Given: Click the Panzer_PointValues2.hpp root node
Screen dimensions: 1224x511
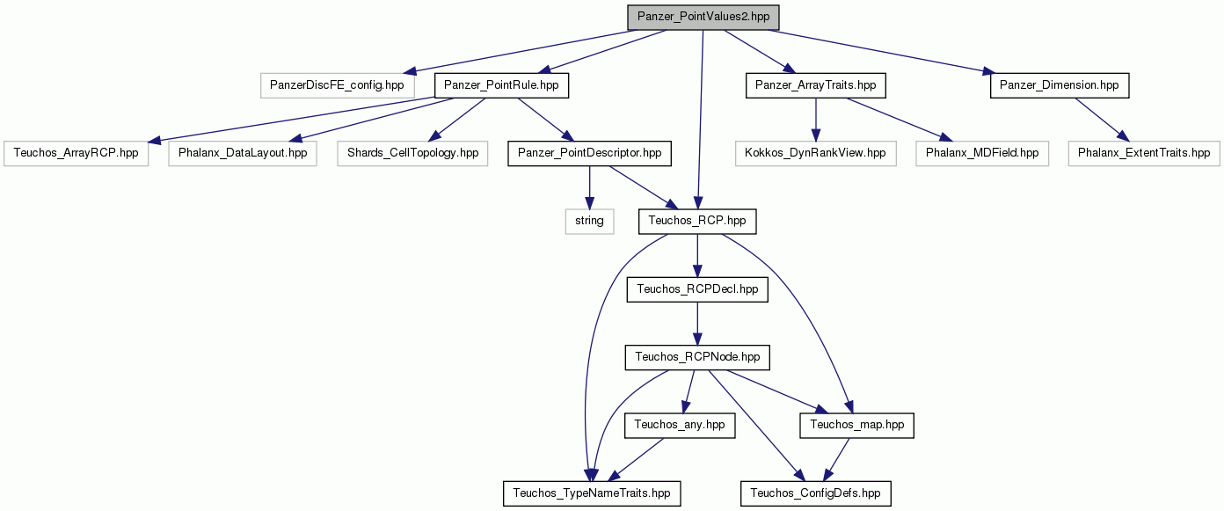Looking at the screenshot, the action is coord(703,18).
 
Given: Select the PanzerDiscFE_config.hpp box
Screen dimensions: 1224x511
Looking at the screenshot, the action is coord(337,86).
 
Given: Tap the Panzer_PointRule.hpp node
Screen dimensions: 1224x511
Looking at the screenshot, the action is coord(501,86).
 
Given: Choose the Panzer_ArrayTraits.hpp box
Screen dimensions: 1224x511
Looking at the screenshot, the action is coord(816,86).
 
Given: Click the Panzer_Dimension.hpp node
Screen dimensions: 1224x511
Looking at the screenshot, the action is coord(1060,86).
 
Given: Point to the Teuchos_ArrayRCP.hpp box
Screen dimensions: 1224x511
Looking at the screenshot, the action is coord(76,154).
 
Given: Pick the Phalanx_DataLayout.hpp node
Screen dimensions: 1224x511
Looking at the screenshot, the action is coord(243,154).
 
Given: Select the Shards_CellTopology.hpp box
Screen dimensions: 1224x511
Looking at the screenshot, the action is coord(412,154).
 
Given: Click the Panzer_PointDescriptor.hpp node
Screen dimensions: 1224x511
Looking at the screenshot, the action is coord(590,154).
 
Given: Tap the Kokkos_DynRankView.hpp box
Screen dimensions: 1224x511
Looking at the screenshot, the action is coord(816,154).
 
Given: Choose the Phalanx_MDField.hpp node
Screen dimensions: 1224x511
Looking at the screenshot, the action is coord(982,154).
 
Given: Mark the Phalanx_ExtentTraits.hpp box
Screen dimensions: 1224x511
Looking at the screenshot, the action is coord(1144,154).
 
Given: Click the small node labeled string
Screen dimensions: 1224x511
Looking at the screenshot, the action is coord(590,222).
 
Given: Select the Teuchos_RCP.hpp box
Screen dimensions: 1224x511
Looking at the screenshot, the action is coord(697,222).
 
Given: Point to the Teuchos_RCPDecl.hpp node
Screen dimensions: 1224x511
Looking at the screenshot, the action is coord(697,289).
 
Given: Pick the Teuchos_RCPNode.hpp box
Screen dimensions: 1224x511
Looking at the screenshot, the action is coord(697,357).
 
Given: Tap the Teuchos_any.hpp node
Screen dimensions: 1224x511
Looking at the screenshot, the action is coord(680,425).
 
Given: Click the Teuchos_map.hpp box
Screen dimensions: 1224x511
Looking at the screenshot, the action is coord(856,425).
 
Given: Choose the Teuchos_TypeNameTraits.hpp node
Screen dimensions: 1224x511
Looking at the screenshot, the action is coord(592,493).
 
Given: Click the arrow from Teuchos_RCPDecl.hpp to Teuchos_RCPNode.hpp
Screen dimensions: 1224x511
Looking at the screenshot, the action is coord(697,324).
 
